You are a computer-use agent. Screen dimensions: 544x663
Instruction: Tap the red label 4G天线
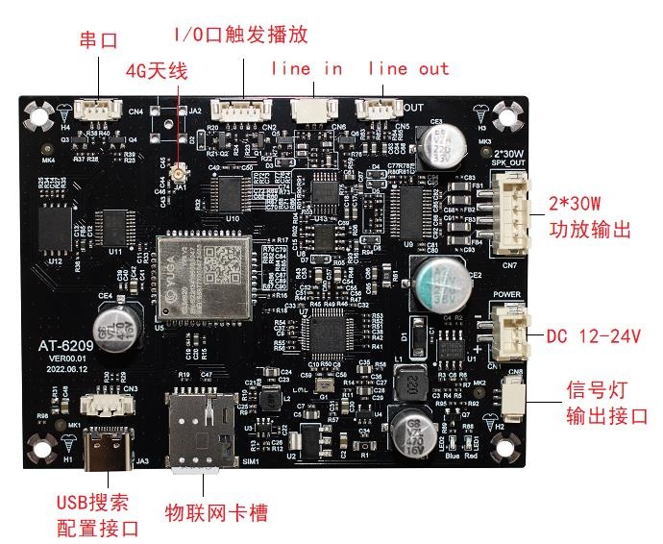157,70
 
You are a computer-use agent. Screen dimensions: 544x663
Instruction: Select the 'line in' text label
307,68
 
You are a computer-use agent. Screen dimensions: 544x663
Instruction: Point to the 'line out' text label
408,68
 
